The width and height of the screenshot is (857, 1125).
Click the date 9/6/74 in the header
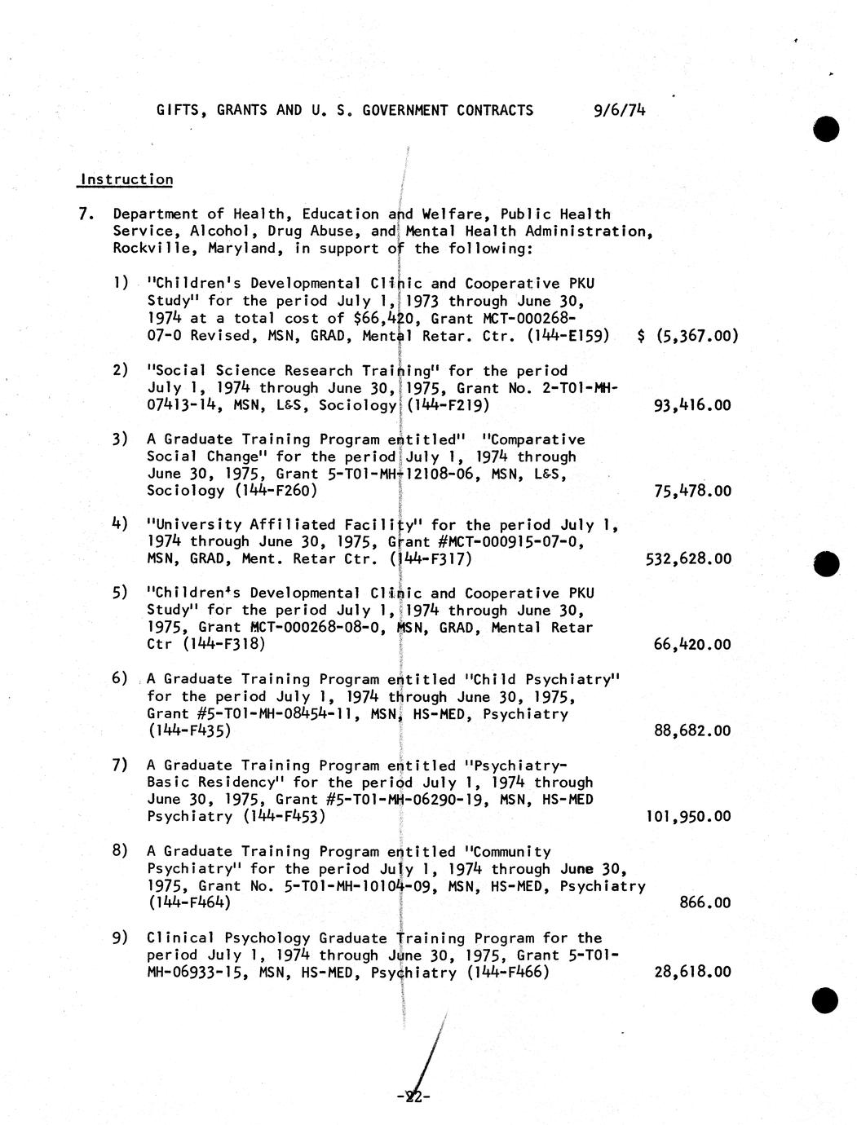(621, 110)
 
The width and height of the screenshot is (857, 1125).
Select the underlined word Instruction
(126, 179)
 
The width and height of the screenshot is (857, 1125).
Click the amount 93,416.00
(692, 405)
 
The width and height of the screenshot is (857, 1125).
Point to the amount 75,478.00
(692, 491)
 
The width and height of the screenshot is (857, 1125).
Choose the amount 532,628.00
(688, 559)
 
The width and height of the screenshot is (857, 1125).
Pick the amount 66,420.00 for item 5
(692, 645)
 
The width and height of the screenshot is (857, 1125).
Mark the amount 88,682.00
(692, 730)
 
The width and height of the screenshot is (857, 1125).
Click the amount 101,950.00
(688, 816)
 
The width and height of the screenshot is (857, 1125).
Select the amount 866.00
(705, 902)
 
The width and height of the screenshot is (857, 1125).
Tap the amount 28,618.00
(692, 972)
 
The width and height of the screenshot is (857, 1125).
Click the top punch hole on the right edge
(825, 130)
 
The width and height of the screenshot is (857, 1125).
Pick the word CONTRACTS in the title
(495, 110)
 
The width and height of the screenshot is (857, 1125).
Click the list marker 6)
(120, 678)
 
